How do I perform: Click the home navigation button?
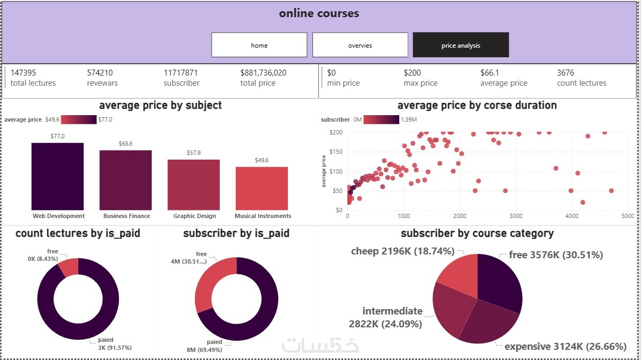259,45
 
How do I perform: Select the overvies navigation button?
360,45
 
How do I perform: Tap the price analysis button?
460,45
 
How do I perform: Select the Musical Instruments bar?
262,188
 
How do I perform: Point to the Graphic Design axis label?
195,216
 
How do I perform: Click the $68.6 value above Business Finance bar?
125,144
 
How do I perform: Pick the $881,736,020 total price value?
263,73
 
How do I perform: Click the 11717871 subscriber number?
181,73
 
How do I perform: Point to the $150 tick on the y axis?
336,152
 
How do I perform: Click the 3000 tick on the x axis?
516,216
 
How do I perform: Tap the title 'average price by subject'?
160,106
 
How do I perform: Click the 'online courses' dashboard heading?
319,13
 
